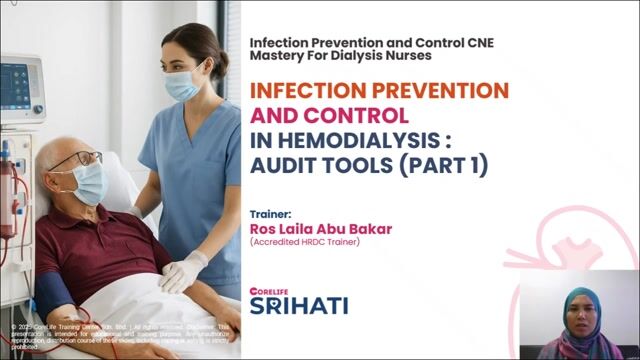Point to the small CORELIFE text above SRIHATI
click(267, 289)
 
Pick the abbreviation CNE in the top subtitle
click(472, 43)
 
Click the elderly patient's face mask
click(89, 184)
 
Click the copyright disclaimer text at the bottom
click(120, 335)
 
